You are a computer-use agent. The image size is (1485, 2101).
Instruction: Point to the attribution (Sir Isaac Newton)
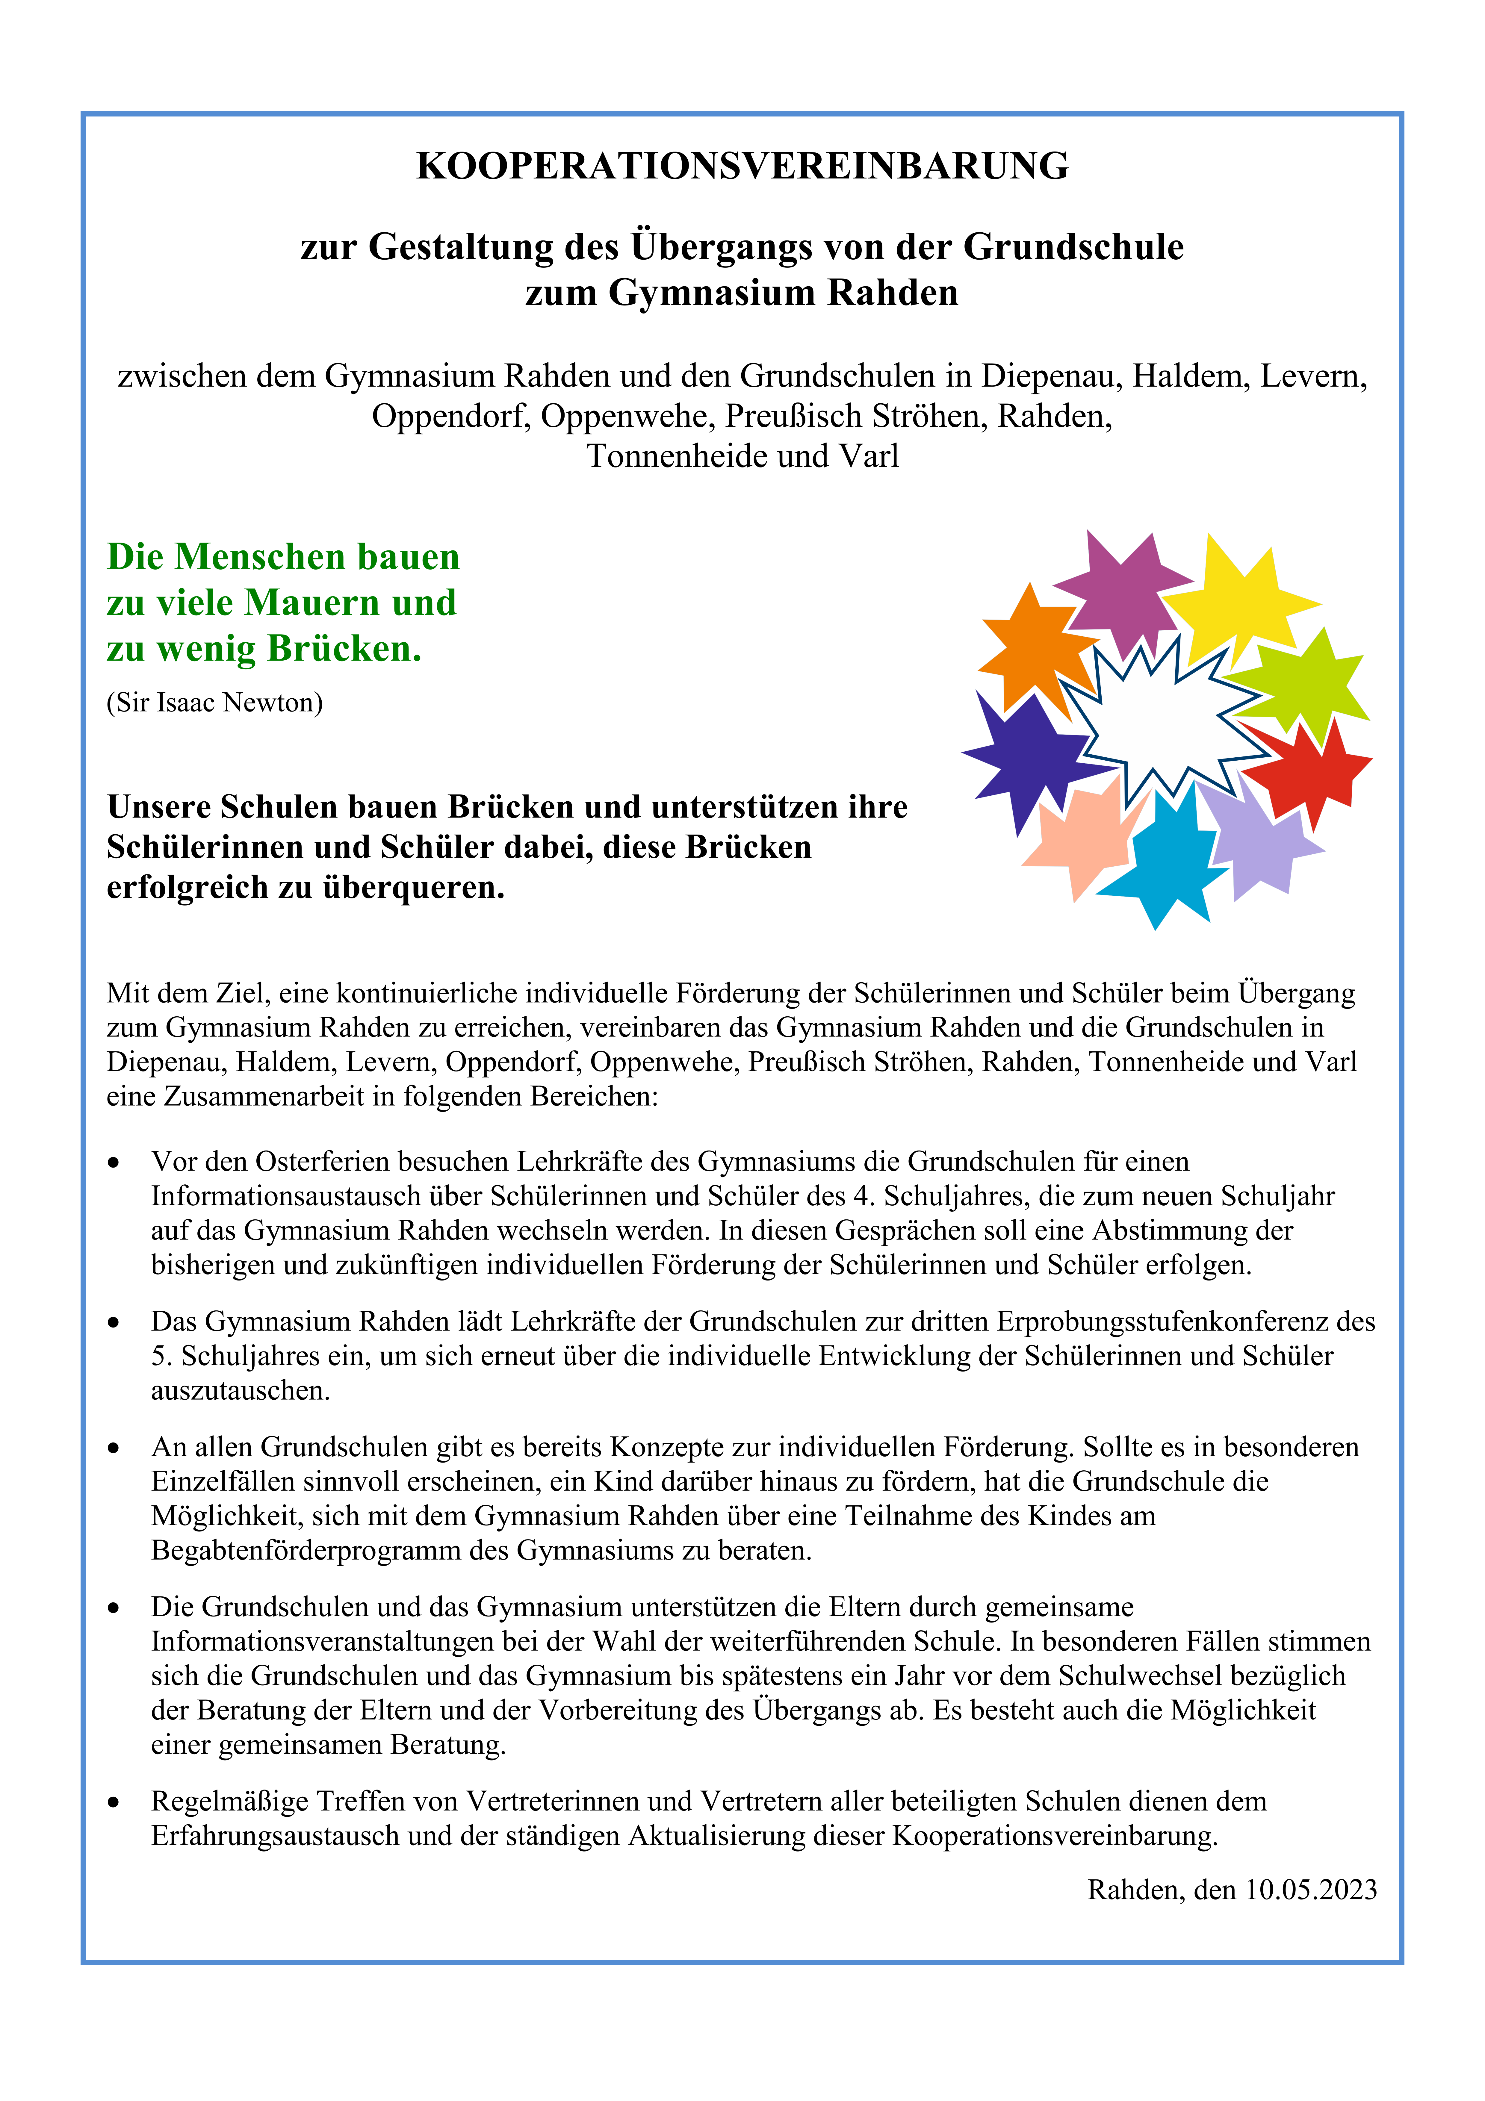point(215,703)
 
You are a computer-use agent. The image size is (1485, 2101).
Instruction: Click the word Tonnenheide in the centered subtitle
point(665,456)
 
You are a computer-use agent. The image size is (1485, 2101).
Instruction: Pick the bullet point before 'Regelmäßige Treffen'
point(114,1802)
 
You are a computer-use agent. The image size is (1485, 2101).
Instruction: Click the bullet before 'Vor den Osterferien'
point(114,1162)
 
